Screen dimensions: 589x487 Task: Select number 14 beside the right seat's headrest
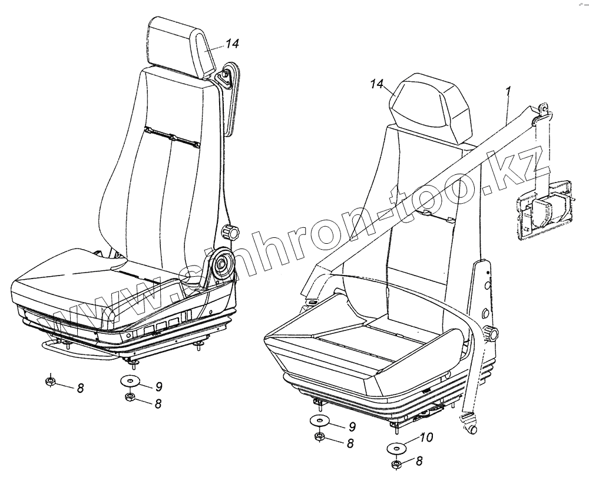(378, 85)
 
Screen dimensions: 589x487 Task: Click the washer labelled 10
(397, 449)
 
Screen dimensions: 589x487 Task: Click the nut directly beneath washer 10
(396, 465)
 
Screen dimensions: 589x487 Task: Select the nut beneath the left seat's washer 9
(129, 398)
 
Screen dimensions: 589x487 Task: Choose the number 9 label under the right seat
(352, 426)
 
